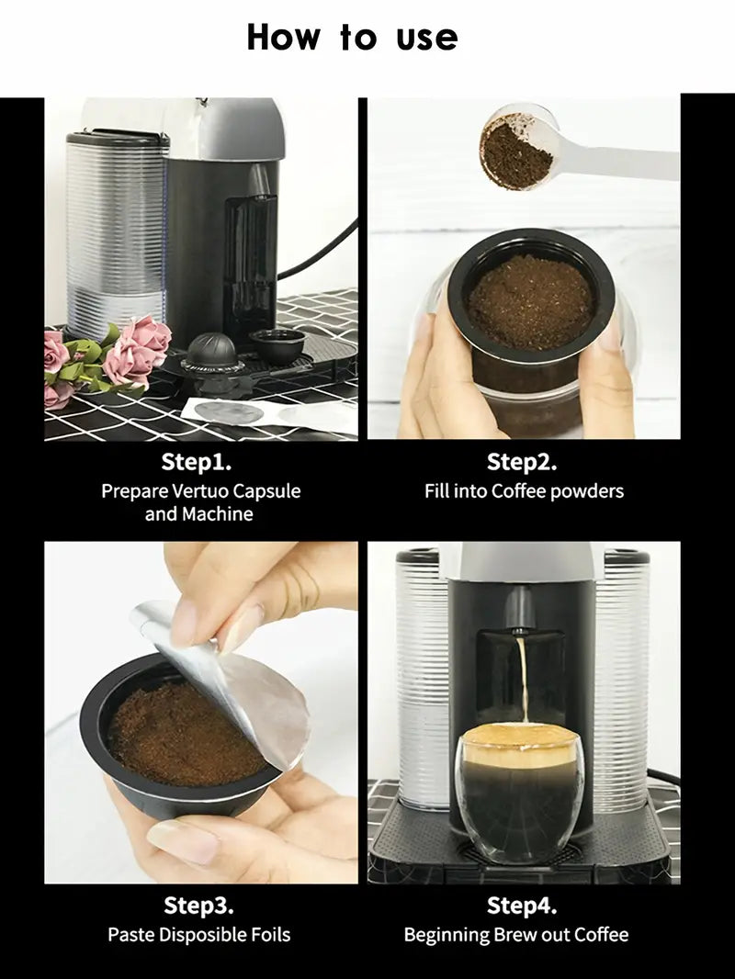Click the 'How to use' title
pos(352,37)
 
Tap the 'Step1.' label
pos(197,462)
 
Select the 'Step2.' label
pos(522,462)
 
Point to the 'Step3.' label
pos(198,906)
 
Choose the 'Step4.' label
pos(522,906)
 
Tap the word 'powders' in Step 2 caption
pos(587,491)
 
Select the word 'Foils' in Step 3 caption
pos(270,935)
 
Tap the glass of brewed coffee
pos(520,793)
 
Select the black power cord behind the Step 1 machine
pos(320,250)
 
